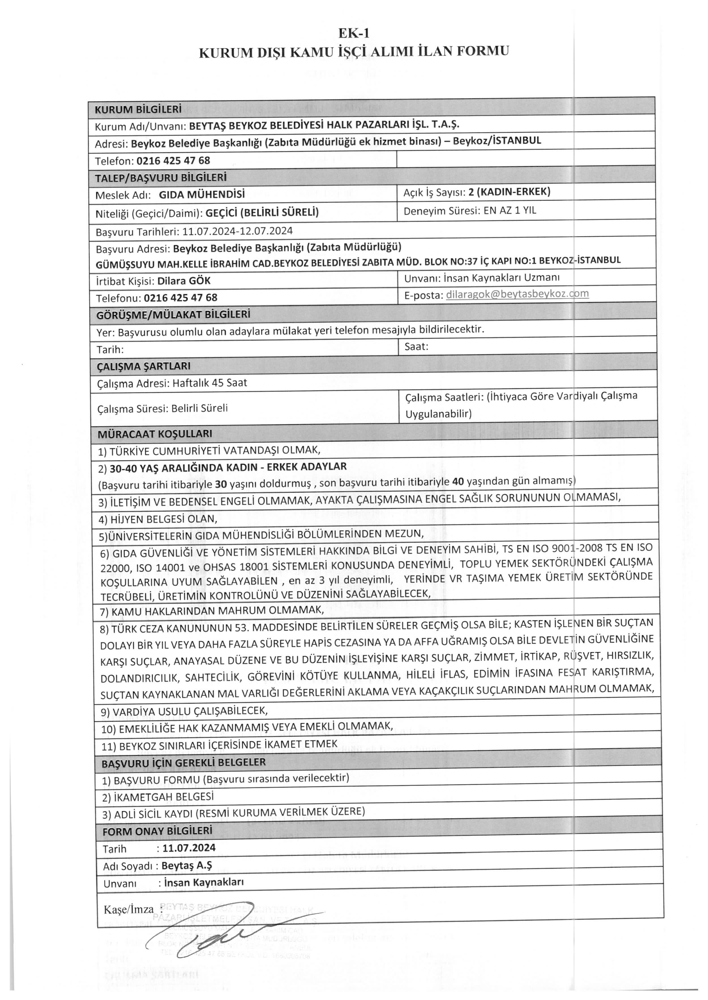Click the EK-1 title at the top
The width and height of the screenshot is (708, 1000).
354,34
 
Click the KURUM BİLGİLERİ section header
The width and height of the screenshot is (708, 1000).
138,109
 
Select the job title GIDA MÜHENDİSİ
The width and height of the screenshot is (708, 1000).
202,194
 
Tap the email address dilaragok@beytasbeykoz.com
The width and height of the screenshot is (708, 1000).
517,294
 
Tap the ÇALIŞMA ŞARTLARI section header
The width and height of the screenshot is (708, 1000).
143,366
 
